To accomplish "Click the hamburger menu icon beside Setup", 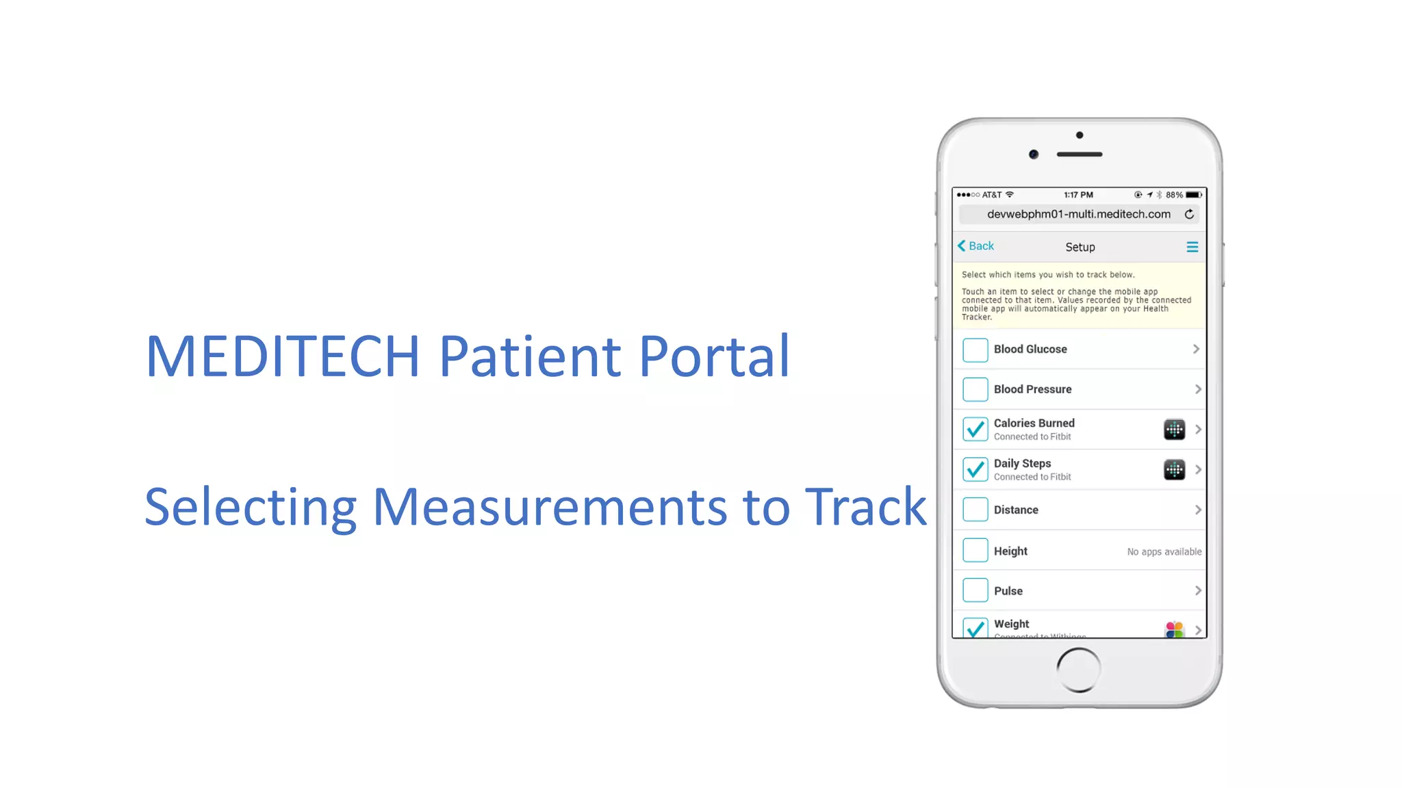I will click(1192, 247).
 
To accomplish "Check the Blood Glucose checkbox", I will click(975, 350).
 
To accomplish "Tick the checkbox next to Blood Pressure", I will click(975, 389).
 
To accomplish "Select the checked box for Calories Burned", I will click(975, 430).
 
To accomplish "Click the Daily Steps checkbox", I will click(975, 470).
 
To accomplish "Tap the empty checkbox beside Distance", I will click(975, 510).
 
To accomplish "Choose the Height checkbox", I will click(975, 550).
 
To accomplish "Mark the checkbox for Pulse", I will click(975, 590).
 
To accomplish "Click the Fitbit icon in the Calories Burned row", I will click(1174, 430).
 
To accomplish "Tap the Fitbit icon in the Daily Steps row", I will click(1174, 470).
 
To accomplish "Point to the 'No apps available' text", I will click(1164, 552).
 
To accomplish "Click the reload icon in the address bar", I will click(1189, 215).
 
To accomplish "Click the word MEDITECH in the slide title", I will click(283, 356).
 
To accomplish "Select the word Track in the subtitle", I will click(865, 508).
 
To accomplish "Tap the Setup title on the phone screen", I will click(1080, 247).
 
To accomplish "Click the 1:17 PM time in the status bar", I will click(1078, 195).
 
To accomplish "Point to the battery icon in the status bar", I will click(1194, 195).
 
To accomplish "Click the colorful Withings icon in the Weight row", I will click(1174, 629).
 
